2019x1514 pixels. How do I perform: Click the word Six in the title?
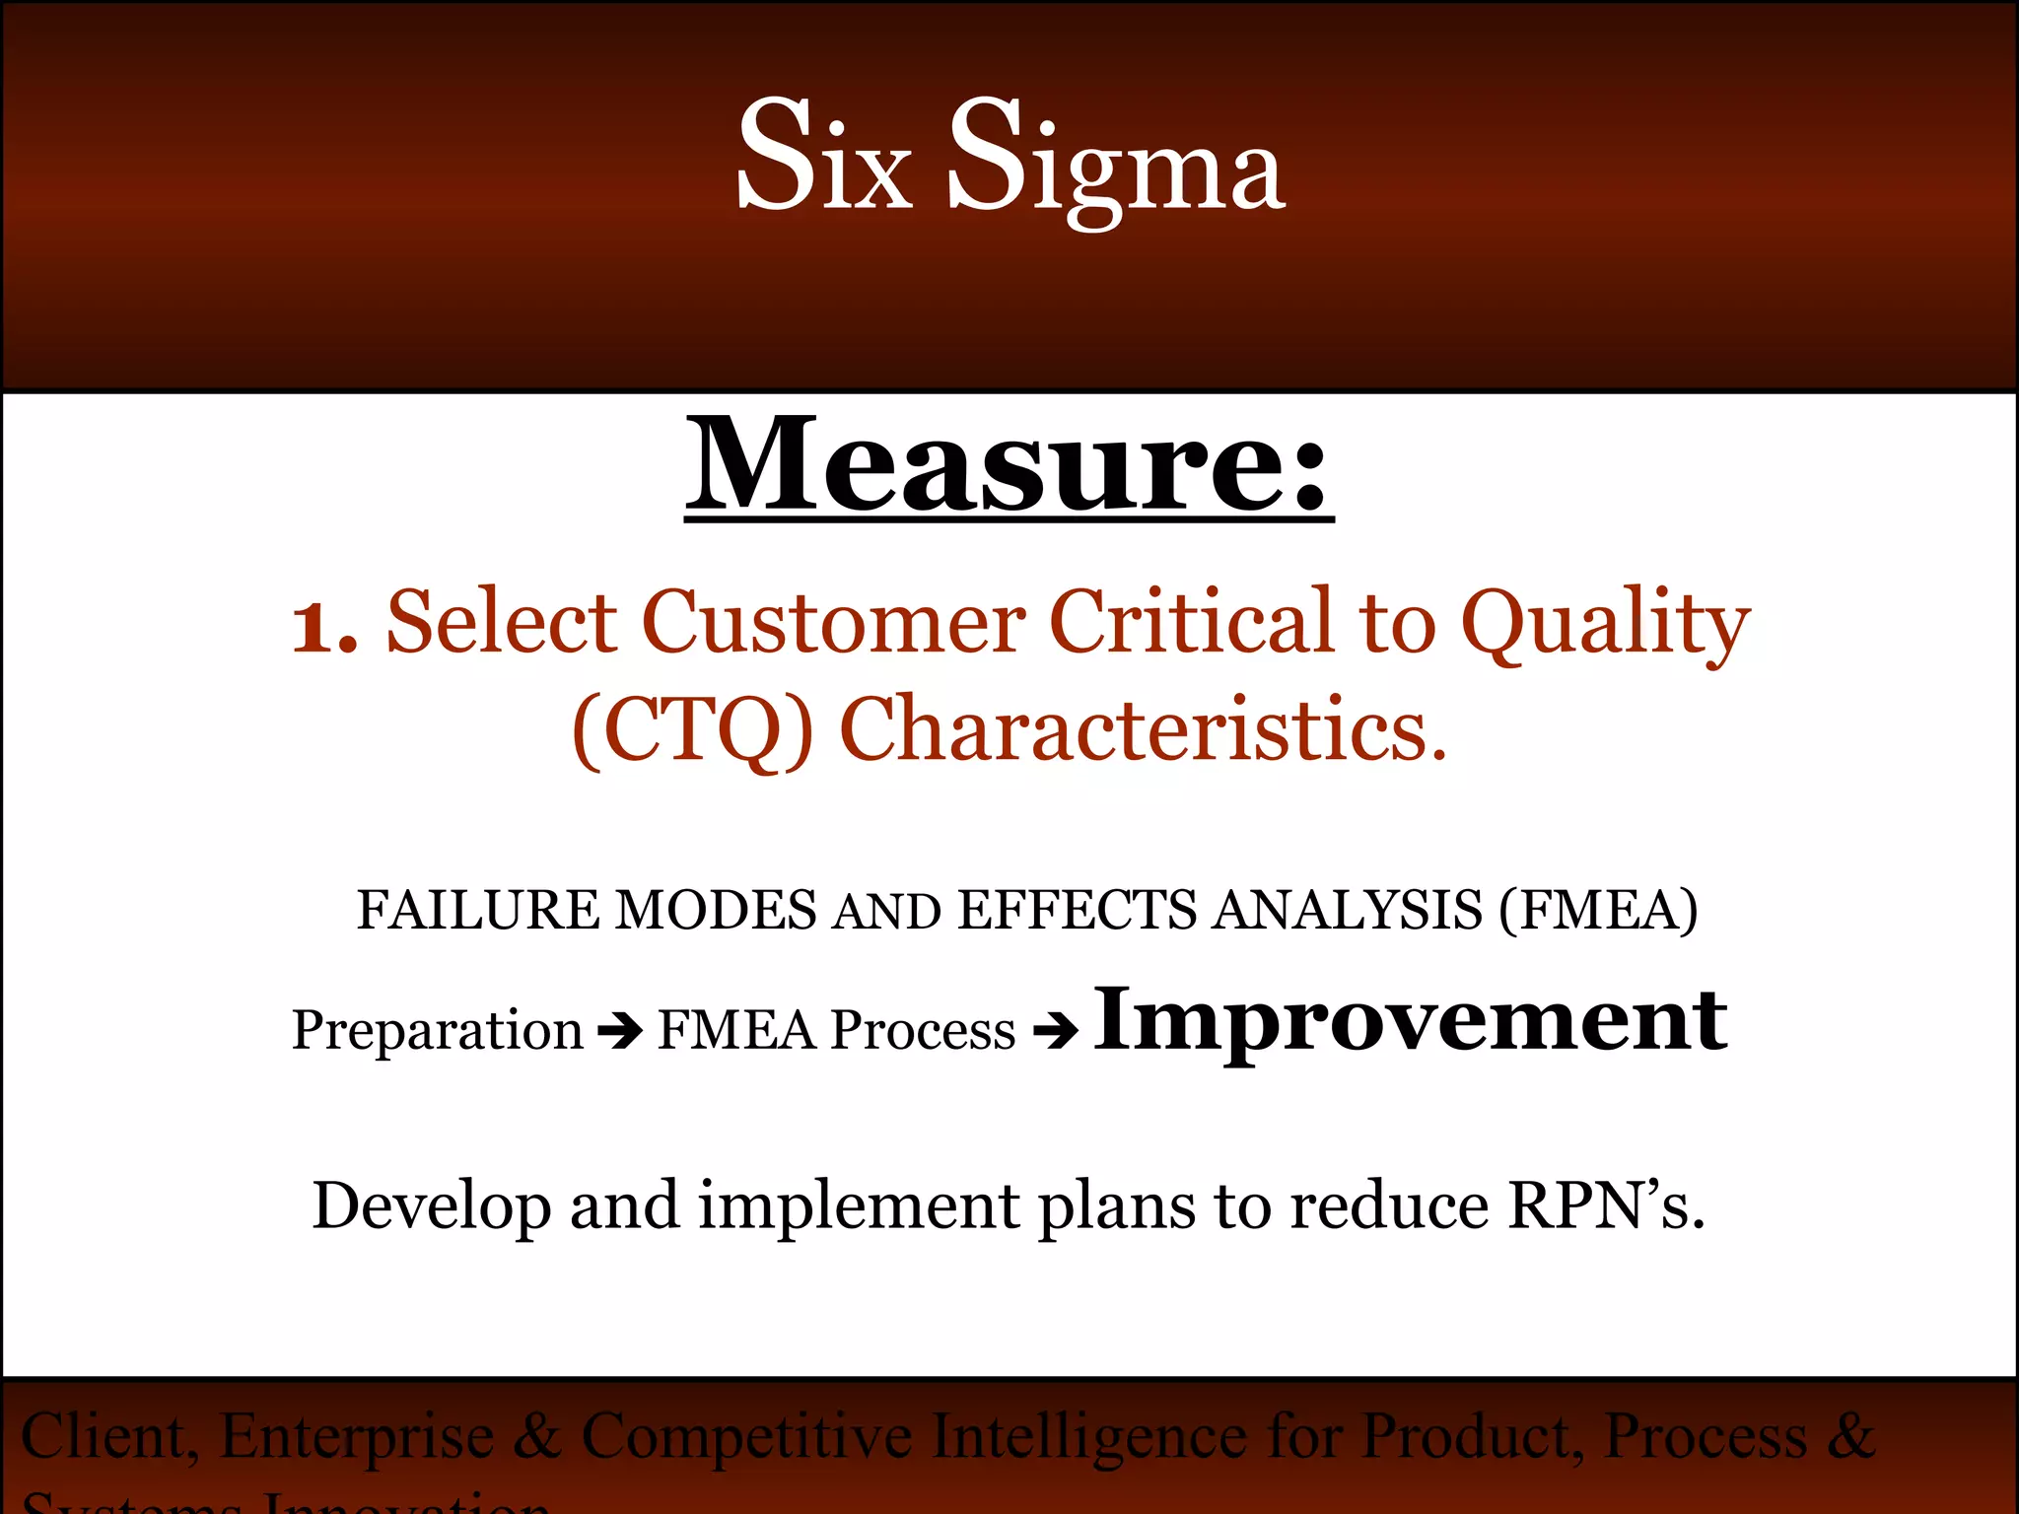pyautogui.click(x=824, y=155)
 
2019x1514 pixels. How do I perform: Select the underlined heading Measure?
pyautogui.click(x=1009, y=464)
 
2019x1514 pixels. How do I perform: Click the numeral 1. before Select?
pyautogui.click(x=324, y=627)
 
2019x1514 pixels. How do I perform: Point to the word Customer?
pyautogui.click(x=833, y=622)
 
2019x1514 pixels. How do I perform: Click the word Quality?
pyautogui.click(x=1605, y=626)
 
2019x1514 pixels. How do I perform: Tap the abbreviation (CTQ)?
pyautogui.click(x=693, y=729)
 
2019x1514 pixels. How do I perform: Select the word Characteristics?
pyautogui.click(x=1144, y=729)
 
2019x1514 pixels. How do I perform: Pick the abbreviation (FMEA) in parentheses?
pyautogui.click(x=1598, y=910)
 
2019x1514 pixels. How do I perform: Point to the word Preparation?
pyautogui.click(x=437, y=1031)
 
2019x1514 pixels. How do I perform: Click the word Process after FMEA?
pyautogui.click(x=923, y=1031)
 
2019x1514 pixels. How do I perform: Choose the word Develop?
pyautogui.click(x=431, y=1206)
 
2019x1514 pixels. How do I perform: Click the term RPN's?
pyautogui.click(x=1606, y=1204)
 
